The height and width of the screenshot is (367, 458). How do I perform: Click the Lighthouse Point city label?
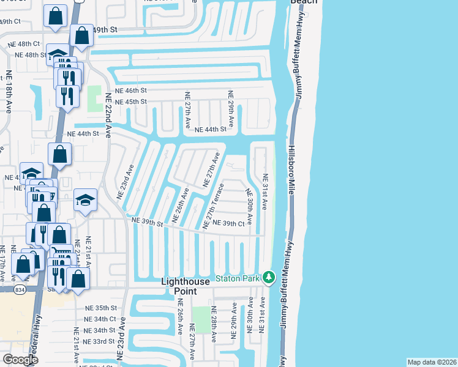pyautogui.click(x=186, y=286)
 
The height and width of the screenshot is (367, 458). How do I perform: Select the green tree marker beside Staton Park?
pyautogui.click(x=268, y=278)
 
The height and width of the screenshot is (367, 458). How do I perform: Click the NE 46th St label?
pyautogui.click(x=131, y=90)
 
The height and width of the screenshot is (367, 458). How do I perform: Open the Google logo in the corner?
pyautogui.click(x=20, y=360)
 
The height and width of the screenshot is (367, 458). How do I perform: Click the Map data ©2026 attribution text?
pyautogui.click(x=432, y=362)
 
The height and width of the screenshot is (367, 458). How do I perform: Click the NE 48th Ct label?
pyautogui.click(x=24, y=44)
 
